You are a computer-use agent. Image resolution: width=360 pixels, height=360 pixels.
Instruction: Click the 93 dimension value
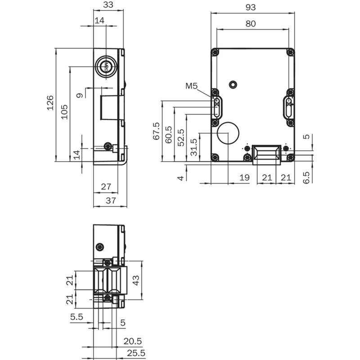coord(251,7)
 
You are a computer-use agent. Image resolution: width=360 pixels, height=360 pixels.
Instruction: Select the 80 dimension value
coord(251,24)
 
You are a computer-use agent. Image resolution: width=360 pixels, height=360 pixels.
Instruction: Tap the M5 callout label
coord(192,86)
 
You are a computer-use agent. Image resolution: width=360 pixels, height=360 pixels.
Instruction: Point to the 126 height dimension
coord(50,103)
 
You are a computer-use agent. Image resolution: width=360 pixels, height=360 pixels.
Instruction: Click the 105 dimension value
coord(64,112)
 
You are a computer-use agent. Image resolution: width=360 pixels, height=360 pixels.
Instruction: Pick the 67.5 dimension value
coord(156,131)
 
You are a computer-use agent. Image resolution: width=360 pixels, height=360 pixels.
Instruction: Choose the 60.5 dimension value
coord(168,135)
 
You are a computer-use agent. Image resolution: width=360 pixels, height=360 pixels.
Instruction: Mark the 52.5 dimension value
coord(181,138)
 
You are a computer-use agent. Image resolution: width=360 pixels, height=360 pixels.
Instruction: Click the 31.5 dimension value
coord(194,147)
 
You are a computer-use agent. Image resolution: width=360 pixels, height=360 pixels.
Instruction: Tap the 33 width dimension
coord(108,4)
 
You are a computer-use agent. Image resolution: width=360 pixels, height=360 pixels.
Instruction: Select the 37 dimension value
coord(111,201)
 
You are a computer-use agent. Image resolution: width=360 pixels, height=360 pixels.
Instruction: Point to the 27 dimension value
coord(106,187)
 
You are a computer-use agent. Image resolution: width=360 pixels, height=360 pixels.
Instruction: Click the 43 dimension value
coord(136,280)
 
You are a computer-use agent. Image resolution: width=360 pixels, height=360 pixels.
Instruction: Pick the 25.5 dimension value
coord(136,353)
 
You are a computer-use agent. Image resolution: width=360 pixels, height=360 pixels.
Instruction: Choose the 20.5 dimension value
coord(132,342)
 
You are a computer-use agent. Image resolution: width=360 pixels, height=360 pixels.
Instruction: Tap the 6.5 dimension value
coord(306,177)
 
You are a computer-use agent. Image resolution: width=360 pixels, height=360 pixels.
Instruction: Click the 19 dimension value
coord(244,177)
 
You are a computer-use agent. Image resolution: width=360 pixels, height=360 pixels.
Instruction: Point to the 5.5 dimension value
coord(76,317)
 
